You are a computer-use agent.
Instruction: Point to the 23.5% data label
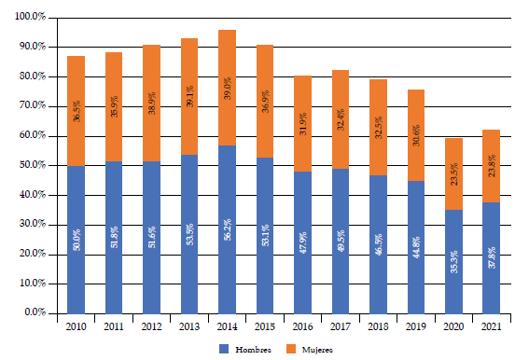point(453,174)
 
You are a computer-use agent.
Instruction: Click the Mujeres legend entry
point(308,347)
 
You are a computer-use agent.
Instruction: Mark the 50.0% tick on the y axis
point(33,165)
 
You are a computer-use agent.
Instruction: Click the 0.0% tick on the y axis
point(35,313)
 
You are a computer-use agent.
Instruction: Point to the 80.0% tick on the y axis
point(33,76)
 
